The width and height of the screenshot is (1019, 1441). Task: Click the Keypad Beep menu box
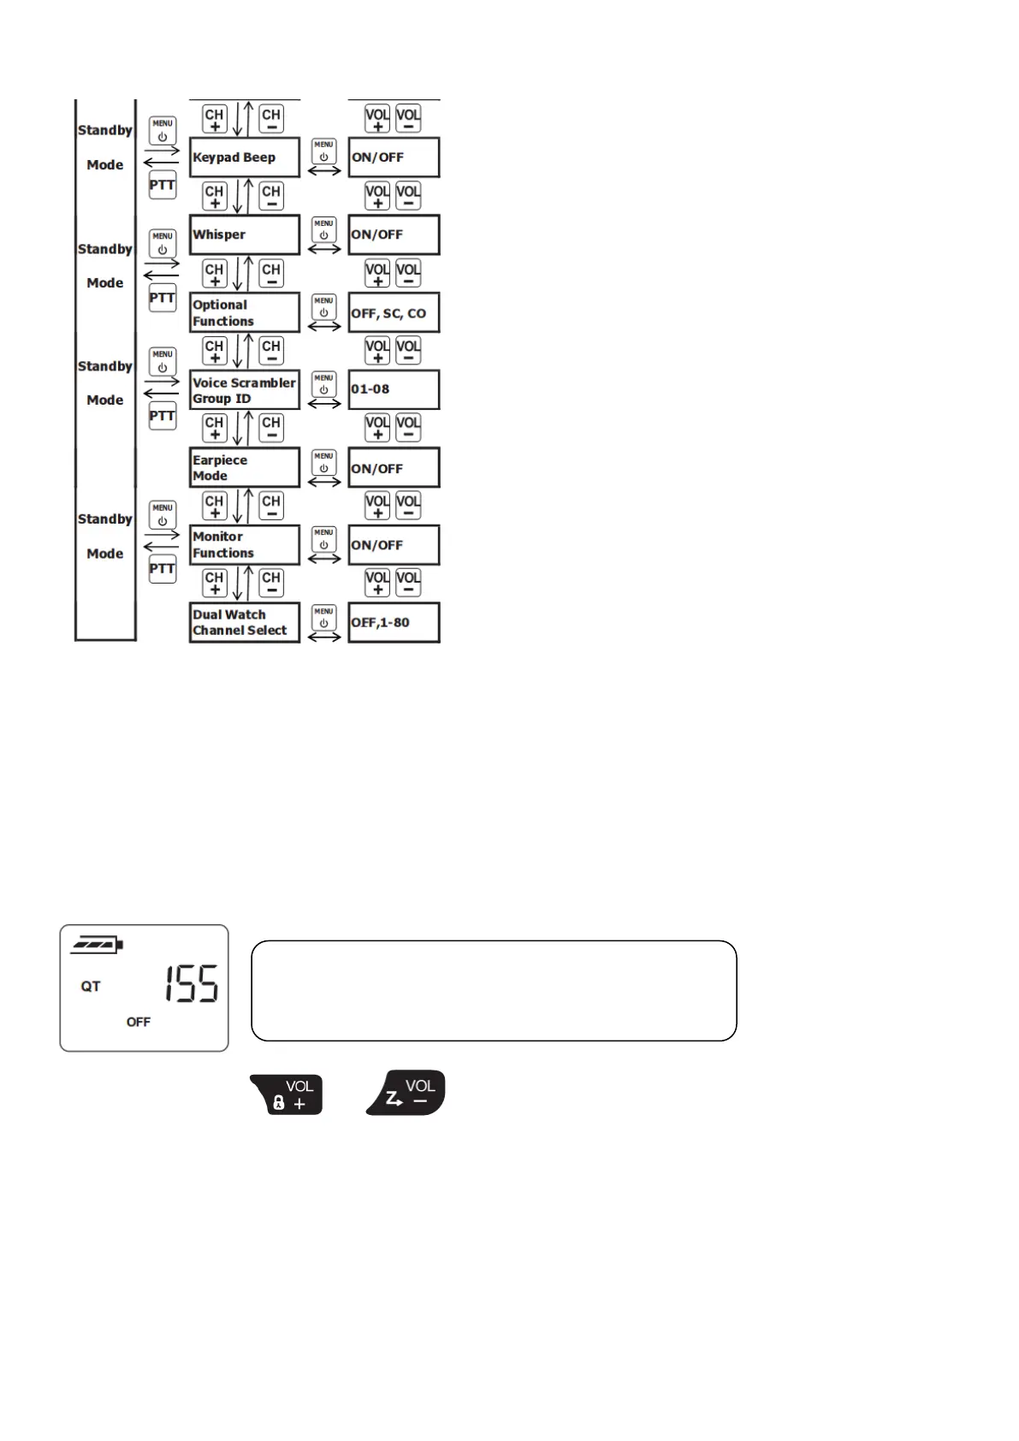245,157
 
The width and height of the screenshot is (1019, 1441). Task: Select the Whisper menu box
245,234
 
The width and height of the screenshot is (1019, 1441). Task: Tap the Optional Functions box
245,312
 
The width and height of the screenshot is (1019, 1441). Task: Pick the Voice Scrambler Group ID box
245,390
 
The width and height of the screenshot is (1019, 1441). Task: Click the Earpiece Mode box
245,467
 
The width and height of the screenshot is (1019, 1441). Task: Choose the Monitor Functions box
245,545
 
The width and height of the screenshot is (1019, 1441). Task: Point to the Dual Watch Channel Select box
245,622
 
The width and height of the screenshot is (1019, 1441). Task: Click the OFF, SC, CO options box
394,312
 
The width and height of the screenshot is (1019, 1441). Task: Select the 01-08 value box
394,389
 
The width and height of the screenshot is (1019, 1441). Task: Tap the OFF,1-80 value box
394,622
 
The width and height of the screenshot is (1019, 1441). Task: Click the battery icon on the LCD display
98,945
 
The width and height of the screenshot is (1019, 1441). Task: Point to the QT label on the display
91,987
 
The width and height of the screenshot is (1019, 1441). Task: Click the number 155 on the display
192,984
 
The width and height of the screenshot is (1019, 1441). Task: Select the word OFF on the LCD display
139,1022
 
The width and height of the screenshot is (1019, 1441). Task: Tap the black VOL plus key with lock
287,1094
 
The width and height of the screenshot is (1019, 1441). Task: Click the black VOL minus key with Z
407,1093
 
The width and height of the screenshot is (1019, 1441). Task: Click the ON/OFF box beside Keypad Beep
394,157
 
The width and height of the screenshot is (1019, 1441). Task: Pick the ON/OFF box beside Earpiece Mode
394,468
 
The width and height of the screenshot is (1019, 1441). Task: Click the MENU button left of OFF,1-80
323,617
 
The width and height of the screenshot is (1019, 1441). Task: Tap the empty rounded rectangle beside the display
494,991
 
